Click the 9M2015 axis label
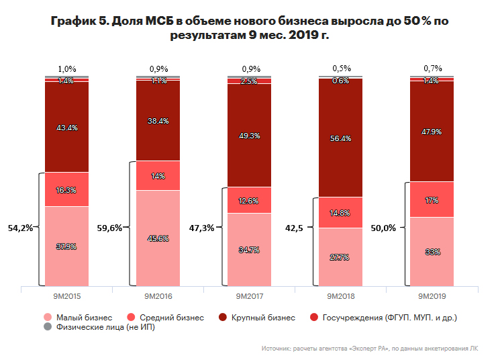[66, 296]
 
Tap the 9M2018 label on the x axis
[340, 296]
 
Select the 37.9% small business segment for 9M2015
[66, 246]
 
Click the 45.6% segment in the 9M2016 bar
[158, 238]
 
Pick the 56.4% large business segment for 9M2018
[340, 140]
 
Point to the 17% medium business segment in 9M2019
[432, 199]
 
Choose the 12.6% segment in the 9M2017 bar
[249, 199]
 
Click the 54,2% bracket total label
[20, 228]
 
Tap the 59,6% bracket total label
[110, 228]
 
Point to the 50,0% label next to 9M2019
[385, 228]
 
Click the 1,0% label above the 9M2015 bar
[66, 69]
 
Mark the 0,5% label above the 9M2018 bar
[340, 69]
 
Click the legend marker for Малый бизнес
[46, 317]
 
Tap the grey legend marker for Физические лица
[46, 327]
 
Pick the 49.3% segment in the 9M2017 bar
[249, 135]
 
